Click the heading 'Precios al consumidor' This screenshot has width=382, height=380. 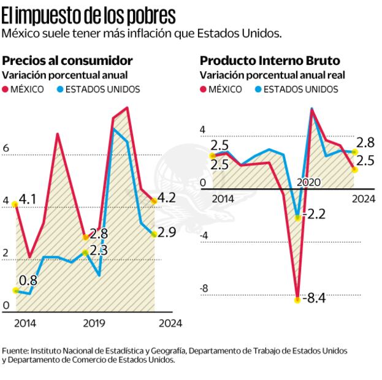67,61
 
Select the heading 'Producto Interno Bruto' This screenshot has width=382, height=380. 270,61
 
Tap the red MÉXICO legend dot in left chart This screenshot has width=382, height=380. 7,89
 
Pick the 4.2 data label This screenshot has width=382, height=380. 167,198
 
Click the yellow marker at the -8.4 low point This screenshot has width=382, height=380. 298,300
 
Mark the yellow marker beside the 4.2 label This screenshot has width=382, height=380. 154,201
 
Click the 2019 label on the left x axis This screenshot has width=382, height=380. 93,323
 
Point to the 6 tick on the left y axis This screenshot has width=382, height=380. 6,148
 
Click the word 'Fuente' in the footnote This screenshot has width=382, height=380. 14,351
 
